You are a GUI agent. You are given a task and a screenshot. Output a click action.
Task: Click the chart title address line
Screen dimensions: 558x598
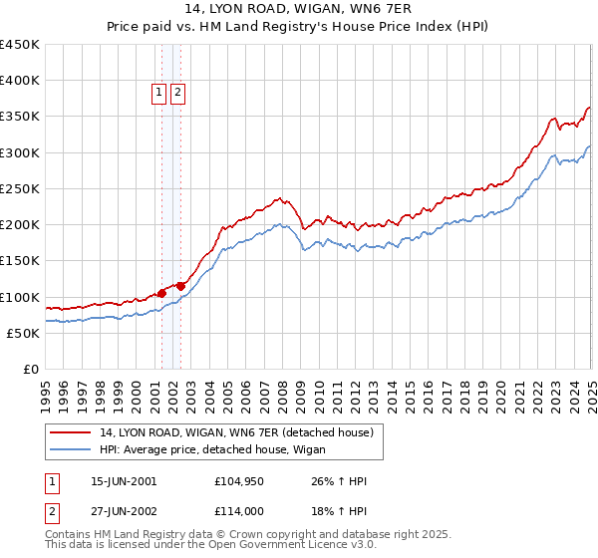point(299,8)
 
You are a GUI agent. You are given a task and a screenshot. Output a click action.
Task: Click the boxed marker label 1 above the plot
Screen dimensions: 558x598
point(158,93)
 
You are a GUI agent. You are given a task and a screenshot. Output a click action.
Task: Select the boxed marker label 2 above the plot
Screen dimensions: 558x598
point(177,93)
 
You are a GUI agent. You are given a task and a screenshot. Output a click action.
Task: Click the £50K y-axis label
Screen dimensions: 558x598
point(23,333)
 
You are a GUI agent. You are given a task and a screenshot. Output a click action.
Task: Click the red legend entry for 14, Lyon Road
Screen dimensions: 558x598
point(236,432)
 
